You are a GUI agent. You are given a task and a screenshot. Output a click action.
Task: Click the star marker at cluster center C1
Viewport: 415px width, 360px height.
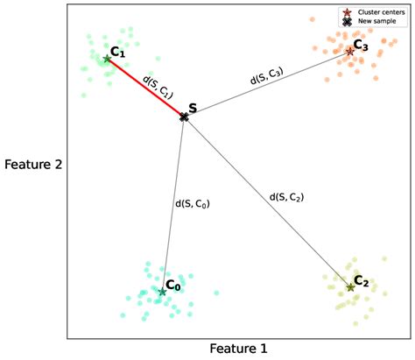pyautogui.click(x=108, y=59)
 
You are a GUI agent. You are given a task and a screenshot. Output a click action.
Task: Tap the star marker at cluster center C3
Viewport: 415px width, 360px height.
pyautogui.click(x=349, y=51)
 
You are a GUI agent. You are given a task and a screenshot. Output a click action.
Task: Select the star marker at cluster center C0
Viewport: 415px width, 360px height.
pyautogui.click(x=162, y=292)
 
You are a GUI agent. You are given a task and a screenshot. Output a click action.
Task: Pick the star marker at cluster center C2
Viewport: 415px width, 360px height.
pyautogui.click(x=350, y=286)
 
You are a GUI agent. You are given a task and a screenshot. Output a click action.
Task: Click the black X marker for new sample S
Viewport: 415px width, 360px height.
pyautogui.click(x=184, y=116)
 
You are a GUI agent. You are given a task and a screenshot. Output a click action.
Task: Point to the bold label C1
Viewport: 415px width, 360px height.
pyautogui.click(x=119, y=53)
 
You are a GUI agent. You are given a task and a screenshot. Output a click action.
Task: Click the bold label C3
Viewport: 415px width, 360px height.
pyautogui.click(x=362, y=44)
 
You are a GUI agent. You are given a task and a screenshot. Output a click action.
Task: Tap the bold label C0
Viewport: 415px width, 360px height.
pyautogui.click(x=173, y=285)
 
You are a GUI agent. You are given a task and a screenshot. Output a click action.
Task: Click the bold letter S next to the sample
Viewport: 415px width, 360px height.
pyautogui.click(x=193, y=108)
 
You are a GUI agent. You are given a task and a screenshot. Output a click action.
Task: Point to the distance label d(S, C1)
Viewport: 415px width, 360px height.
pyautogui.click(x=158, y=84)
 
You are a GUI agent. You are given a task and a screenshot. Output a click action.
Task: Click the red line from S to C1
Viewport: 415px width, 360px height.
pyautogui.click(x=144, y=87)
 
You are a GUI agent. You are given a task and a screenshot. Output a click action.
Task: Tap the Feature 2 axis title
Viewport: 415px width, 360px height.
pyautogui.click(x=32, y=163)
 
